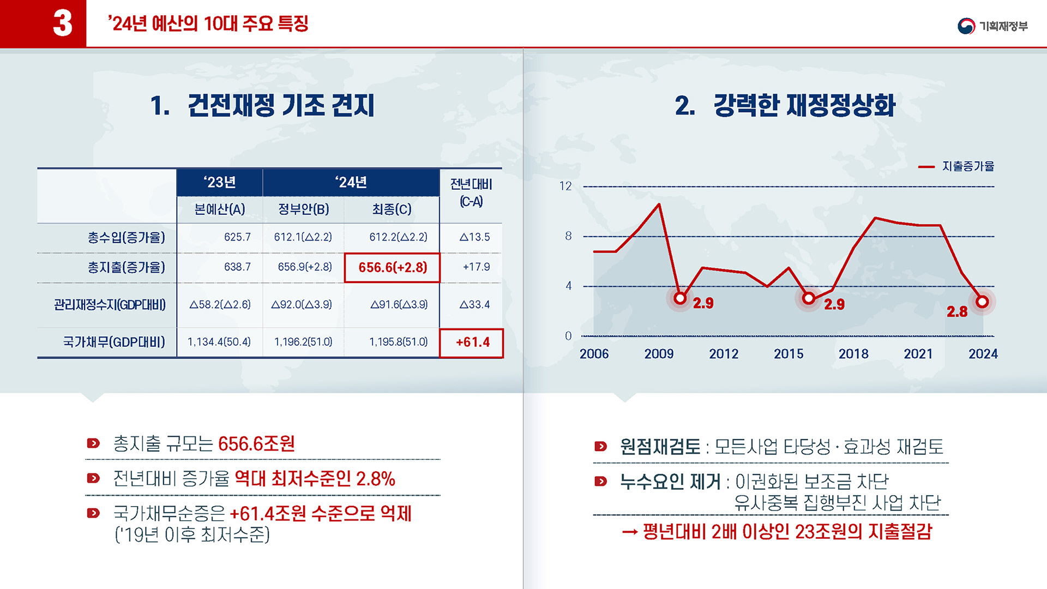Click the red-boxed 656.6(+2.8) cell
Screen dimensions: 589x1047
pos(392,267)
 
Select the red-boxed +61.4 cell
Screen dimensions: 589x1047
pos(472,342)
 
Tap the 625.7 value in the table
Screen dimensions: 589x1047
pos(237,237)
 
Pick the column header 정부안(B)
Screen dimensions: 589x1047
pos(303,209)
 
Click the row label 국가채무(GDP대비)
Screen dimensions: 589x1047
pos(114,342)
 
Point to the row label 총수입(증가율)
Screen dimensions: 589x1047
pos(126,237)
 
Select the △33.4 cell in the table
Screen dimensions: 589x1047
pos(474,304)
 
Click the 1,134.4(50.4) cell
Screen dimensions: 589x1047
pos(219,342)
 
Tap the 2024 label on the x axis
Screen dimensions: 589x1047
pos(983,354)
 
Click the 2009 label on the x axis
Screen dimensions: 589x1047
pos(659,354)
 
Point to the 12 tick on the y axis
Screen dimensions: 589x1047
pos(565,187)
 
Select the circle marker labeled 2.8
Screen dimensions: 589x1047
pos(982,302)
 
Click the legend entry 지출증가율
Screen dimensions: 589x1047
pos(967,166)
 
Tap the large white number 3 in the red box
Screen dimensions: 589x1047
pos(63,23)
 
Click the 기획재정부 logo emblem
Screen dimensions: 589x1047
pos(966,26)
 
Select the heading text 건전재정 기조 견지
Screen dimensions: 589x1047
pos(281,105)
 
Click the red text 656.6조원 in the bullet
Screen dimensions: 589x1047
pos(256,444)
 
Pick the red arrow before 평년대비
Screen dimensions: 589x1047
pos(630,532)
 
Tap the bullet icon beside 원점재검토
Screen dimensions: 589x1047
pos(600,447)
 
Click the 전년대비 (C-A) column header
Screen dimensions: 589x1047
pos(471,193)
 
